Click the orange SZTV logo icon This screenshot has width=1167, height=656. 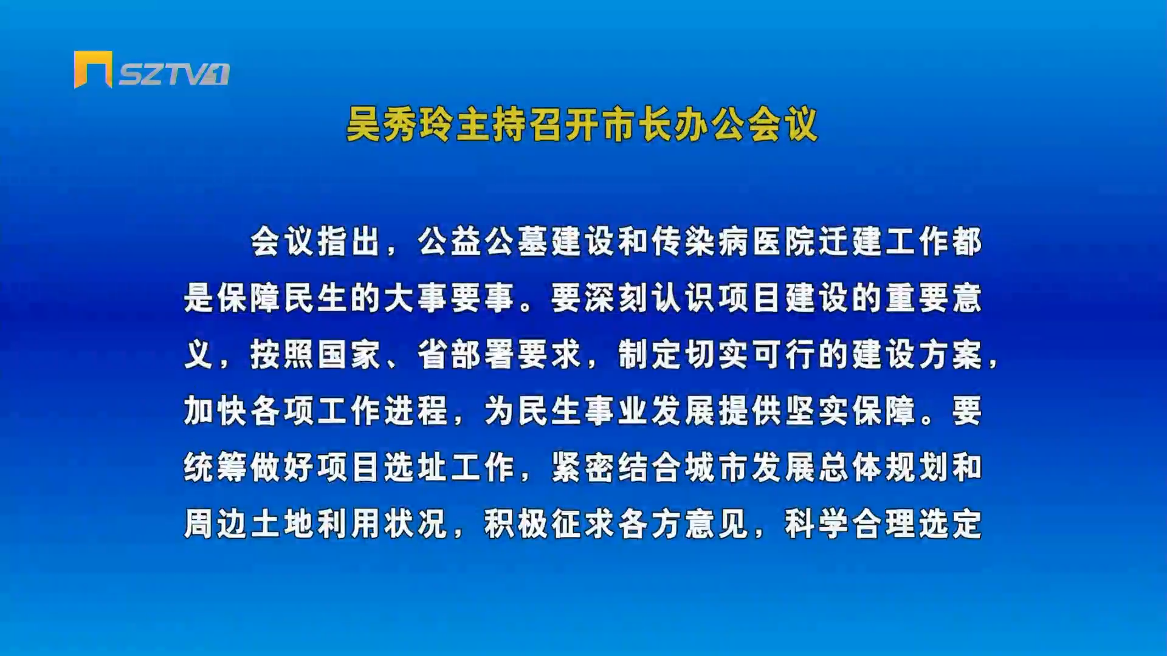[x=93, y=69]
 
